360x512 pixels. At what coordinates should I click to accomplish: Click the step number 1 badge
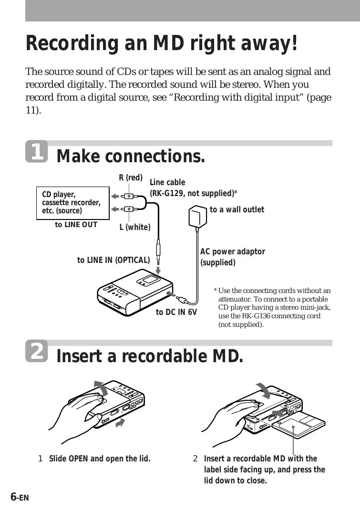(36, 151)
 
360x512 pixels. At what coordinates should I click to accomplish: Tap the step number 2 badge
(36, 351)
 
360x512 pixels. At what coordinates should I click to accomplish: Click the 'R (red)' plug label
(131, 178)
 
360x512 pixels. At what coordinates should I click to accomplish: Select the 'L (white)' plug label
(135, 227)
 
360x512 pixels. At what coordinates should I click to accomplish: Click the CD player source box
(72, 203)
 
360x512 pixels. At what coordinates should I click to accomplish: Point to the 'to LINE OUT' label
(76, 225)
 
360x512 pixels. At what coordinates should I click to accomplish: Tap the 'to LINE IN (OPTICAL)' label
(113, 260)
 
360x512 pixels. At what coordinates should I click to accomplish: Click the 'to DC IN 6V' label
(176, 313)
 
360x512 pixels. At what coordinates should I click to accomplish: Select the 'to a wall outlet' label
(237, 209)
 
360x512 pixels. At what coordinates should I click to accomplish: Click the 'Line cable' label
(168, 182)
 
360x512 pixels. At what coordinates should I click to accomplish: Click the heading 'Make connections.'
(131, 156)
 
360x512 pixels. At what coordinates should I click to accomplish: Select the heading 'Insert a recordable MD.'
(150, 356)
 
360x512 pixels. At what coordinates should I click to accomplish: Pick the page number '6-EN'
(20, 497)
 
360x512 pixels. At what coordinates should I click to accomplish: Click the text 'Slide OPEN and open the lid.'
(100, 459)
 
